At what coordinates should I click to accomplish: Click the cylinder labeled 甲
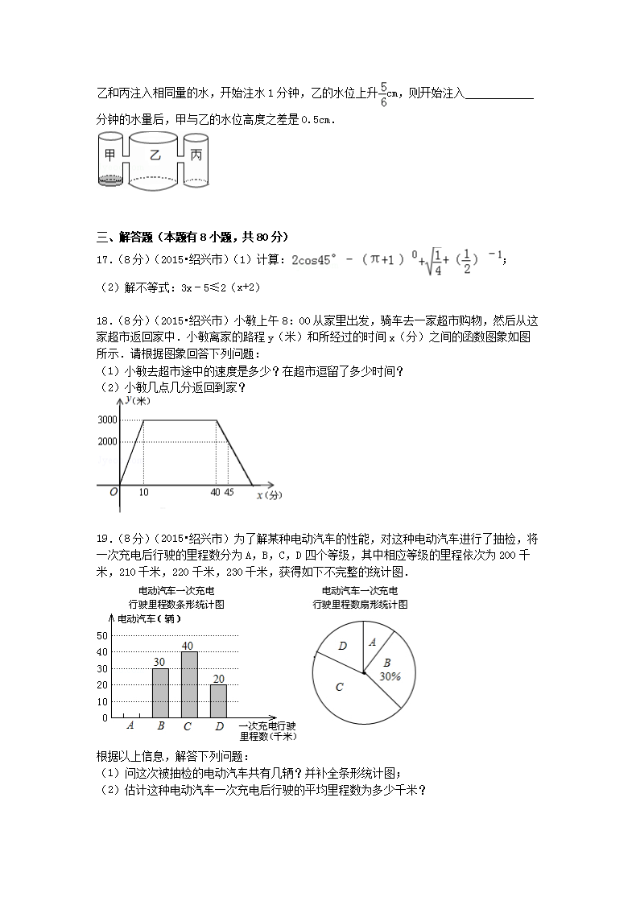[109, 157]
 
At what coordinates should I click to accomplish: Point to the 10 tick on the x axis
[143, 492]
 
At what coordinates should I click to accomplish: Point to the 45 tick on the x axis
[229, 492]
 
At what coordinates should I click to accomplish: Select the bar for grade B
[160, 692]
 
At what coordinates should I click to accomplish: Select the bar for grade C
[189, 684]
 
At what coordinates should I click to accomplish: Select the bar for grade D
[218, 701]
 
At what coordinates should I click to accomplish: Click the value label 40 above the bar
[188, 646]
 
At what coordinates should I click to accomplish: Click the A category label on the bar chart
[130, 726]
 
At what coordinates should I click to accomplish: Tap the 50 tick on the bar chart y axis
[102, 635]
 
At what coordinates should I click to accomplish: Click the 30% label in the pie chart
[390, 677]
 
